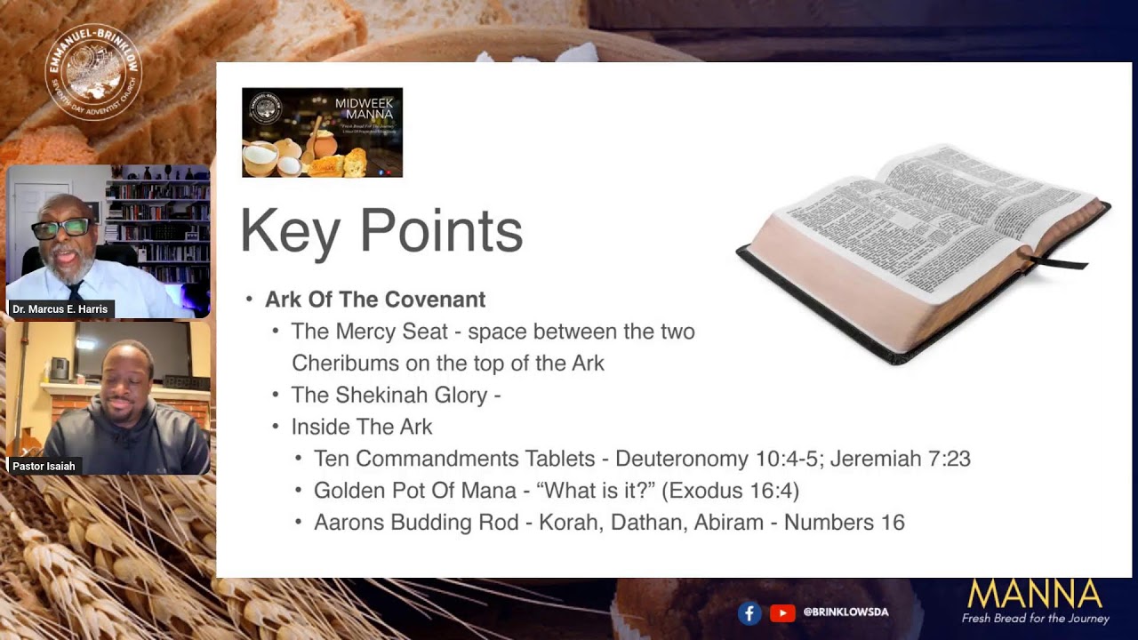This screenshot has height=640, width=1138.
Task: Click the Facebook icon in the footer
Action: pos(749,612)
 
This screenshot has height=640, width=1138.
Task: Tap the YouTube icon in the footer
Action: pos(782,612)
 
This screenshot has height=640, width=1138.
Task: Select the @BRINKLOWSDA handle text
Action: pos(845,612)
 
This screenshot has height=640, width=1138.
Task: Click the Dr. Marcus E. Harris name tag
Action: pos(60,309)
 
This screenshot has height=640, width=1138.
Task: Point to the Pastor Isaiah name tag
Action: pos(44,466)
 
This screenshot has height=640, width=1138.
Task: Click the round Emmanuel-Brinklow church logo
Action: pos(93,72)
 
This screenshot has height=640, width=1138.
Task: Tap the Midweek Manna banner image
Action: pos(322,132)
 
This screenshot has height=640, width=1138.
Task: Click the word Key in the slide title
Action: pos(290,231)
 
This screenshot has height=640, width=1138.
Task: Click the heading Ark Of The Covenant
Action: pos(375,300)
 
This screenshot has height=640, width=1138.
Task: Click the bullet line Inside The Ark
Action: pos(362,427)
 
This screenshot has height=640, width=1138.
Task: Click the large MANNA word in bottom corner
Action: pos(1034,594)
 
